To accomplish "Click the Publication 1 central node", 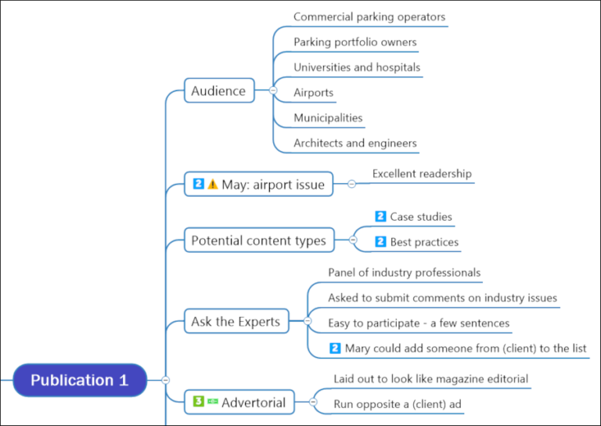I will pos(79,381).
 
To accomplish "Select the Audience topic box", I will pos(219,91).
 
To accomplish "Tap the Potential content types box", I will pos(258,240).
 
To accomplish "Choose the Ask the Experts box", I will pos(236,321).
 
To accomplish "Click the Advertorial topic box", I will pos(239,403).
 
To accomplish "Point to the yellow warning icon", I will pos(213,185).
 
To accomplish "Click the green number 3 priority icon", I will pos(199,402).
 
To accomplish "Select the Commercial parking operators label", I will pos(369,16).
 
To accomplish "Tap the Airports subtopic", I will pos(313,92).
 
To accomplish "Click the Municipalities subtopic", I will pos(328,117).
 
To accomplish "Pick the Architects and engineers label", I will pos(355,143).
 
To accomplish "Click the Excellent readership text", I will pos(422,174).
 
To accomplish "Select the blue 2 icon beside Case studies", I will pos(380,216).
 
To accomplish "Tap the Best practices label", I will pos(424,242).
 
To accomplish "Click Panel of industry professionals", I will pos(404,273).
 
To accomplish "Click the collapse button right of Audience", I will pos(272,91).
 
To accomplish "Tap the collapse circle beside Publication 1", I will pos(165,381).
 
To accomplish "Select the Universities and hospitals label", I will pos(357,67).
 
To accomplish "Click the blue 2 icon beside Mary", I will pos(335,348).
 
